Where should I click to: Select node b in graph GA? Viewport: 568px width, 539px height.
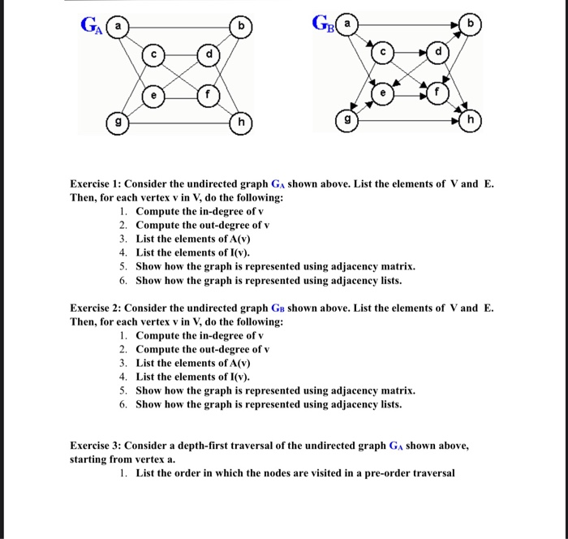click(242, 26)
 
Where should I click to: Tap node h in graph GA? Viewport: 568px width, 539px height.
click(242, 123)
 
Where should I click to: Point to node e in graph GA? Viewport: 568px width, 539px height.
click(151, 94)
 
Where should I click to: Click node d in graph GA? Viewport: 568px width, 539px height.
click(209, 55)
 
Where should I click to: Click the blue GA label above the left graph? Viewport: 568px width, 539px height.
click(90, 26)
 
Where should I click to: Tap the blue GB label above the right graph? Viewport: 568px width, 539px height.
click(323, 26)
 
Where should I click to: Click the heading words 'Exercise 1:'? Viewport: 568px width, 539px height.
click(99, 184)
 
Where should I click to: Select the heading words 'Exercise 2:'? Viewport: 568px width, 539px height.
click(99, 308)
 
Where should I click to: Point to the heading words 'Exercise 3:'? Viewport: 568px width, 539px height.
click(99, 446)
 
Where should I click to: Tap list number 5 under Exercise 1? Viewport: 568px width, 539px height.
click(123, 267)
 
